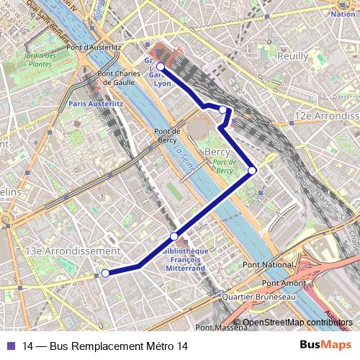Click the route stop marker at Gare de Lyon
(161, 67)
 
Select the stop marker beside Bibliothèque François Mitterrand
(174, 236)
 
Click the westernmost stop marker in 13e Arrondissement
(105, 273)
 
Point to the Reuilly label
(291, 55)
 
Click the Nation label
(343, 14)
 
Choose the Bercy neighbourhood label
(217, 153)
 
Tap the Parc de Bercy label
(225, 167)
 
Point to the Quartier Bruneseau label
(259, 297)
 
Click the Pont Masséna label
(221, 328)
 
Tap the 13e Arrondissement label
(73, 251)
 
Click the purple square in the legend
(9, 346)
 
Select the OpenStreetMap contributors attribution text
(297, 323)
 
